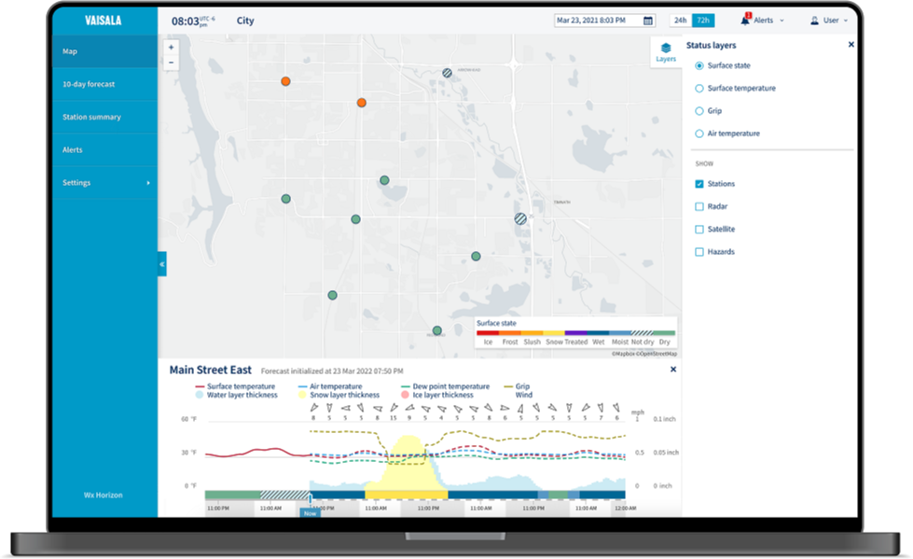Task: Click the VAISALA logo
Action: pyautogui.click(x=104, y=21)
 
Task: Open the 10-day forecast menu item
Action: pyautogui.click(x=89, y=84)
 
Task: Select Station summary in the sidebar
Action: pyautogui.click(x=91, y=118)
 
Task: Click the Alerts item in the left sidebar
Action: pyautogui.click(x=72, y=150)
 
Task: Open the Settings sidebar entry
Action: pyautogui.click(x=76, y=183)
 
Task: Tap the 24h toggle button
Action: pyautogui.click(x=680, y=21)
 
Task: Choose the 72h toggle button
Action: pyautogui.click(x=703, y=21)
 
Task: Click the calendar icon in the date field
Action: pyautogui.click(x=648, y=21)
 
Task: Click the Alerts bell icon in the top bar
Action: pyautogui.click(x=746, y=20)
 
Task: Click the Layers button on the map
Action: pyautogui.click(x=666, y=51)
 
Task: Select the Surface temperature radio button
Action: pyautogui.click(x=699, y=89)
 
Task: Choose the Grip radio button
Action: pyautogui.click(x=699, y=111)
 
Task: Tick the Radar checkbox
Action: pyautogui.click(x=699, y=206)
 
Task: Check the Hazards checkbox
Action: pyautogui.click(x=699, y=252)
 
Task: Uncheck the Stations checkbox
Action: pyautogui.click(x=699, y=184)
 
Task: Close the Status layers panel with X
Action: pyautogui.click(x=851, y=45)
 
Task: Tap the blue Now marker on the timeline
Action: pyautogui.click(x=310, y=512)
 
